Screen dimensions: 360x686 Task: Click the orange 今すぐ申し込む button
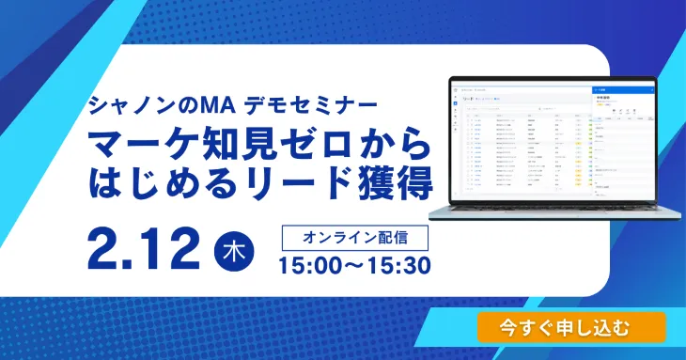(570, 327)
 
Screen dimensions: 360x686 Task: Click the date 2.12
(143, 247)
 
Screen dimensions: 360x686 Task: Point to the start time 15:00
(315, 265)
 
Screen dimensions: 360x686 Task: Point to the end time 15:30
(397, 265)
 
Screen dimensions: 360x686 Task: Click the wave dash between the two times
(355, 265)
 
